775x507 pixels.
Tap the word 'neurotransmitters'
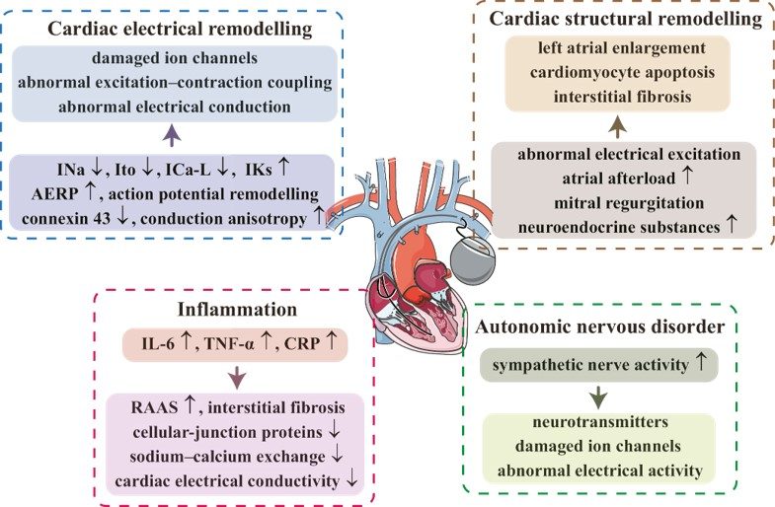604,423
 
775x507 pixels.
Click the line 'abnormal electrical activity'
604,471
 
